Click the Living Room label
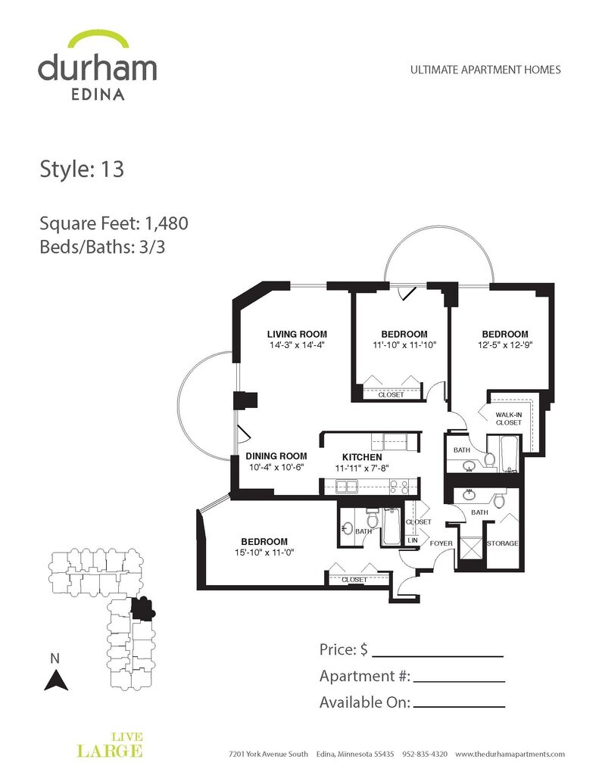click(297, 334)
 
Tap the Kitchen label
click(362, 457)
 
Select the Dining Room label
click(276, 456)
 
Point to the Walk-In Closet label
click(508, 419)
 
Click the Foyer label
click(441, 543)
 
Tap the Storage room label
click(503, 543)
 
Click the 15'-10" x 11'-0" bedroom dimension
click(264, 552)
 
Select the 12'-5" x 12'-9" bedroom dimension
click(505, 345)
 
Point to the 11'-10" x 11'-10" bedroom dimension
click(404, 345)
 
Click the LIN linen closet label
click(413, 540)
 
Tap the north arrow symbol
click(56, 680)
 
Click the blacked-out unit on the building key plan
click(142, 608)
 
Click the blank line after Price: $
click(437, 656)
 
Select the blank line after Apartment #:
click(459, 682)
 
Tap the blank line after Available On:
click(459, 707)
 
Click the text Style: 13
click(82, 169)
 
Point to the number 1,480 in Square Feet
click(166, 223)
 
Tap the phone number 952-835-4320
click(424, 754)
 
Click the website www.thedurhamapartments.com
click(510, 754)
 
